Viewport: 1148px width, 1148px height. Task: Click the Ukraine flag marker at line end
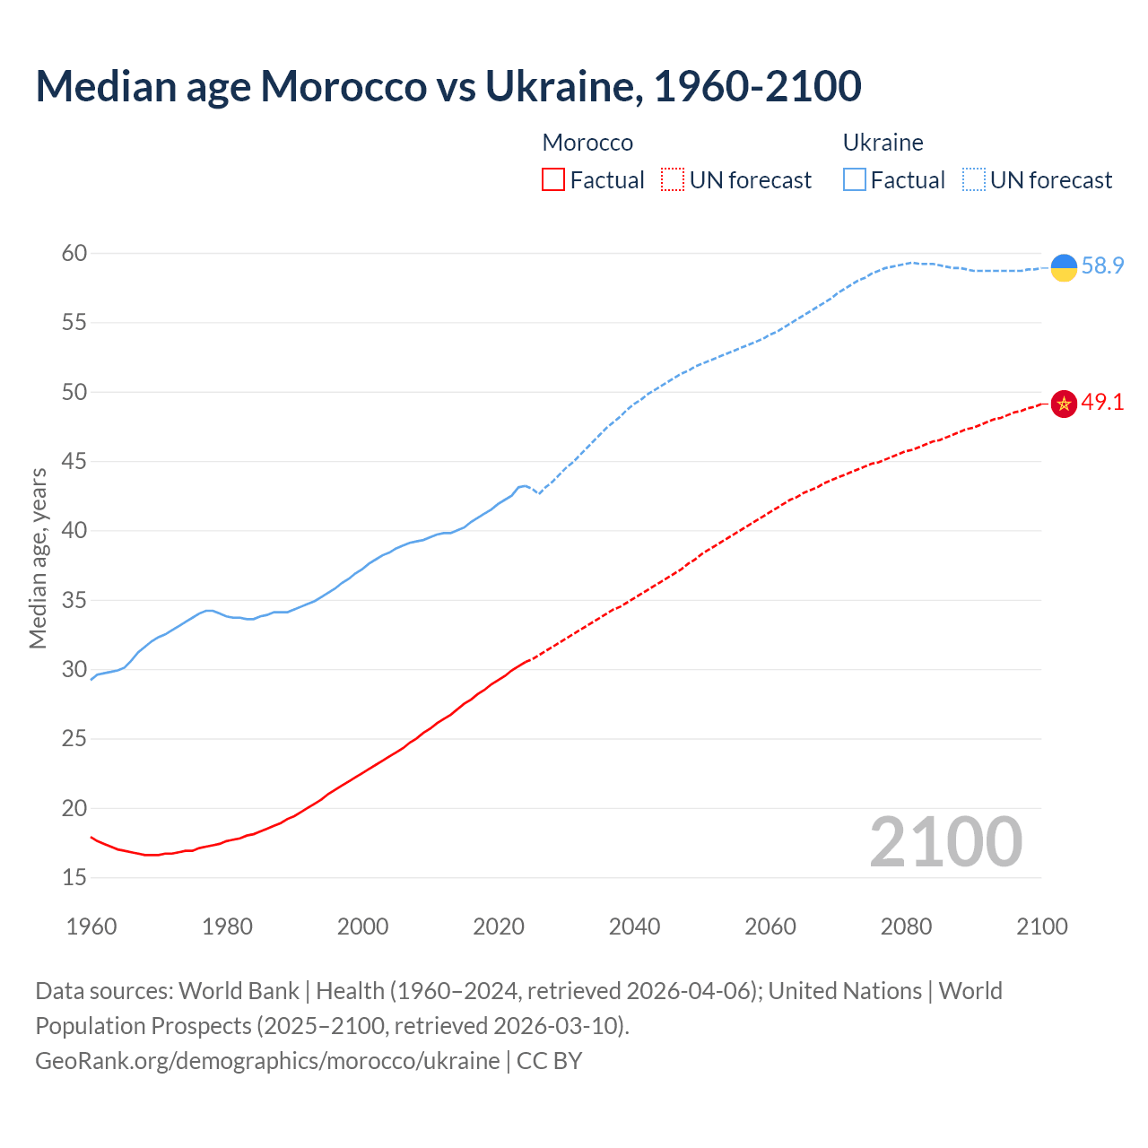click(x=1063, y=267)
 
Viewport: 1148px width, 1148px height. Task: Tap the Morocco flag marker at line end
click(x=1063, y=404)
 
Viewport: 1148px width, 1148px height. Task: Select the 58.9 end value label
click(x=1102, y=265)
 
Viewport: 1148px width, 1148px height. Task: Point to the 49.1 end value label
click(x=1102, y=402)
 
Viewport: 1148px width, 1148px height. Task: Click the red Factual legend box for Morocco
click(x=553, y=180)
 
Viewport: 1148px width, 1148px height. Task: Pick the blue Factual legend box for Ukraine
click(x=855, y=180)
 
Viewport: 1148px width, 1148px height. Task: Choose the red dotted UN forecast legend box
click(x=673, y=180)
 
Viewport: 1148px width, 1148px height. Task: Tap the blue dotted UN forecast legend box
click(x=974, y=180)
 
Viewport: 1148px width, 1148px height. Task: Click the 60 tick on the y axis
click(x=74, y=253)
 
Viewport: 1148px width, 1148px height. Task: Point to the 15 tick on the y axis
click(x=74, y=877)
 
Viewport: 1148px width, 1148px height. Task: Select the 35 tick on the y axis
click(x=74, y=600)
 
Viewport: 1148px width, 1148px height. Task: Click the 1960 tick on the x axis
click(x=91, y=926)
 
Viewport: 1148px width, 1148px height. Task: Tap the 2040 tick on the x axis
click(x=634, y=926)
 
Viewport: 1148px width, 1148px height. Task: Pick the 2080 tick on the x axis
click(x=906, y=926)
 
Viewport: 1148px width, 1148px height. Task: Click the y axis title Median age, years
click(x=38, y=558)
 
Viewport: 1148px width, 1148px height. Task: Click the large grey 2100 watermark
click(x=945, y=842)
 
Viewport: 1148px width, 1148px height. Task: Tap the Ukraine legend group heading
click(x=883, y=143)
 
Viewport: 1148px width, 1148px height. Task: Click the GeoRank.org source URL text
click(x=267, y=1061)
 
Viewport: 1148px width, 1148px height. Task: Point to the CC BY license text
click(x=549, y=1061)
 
